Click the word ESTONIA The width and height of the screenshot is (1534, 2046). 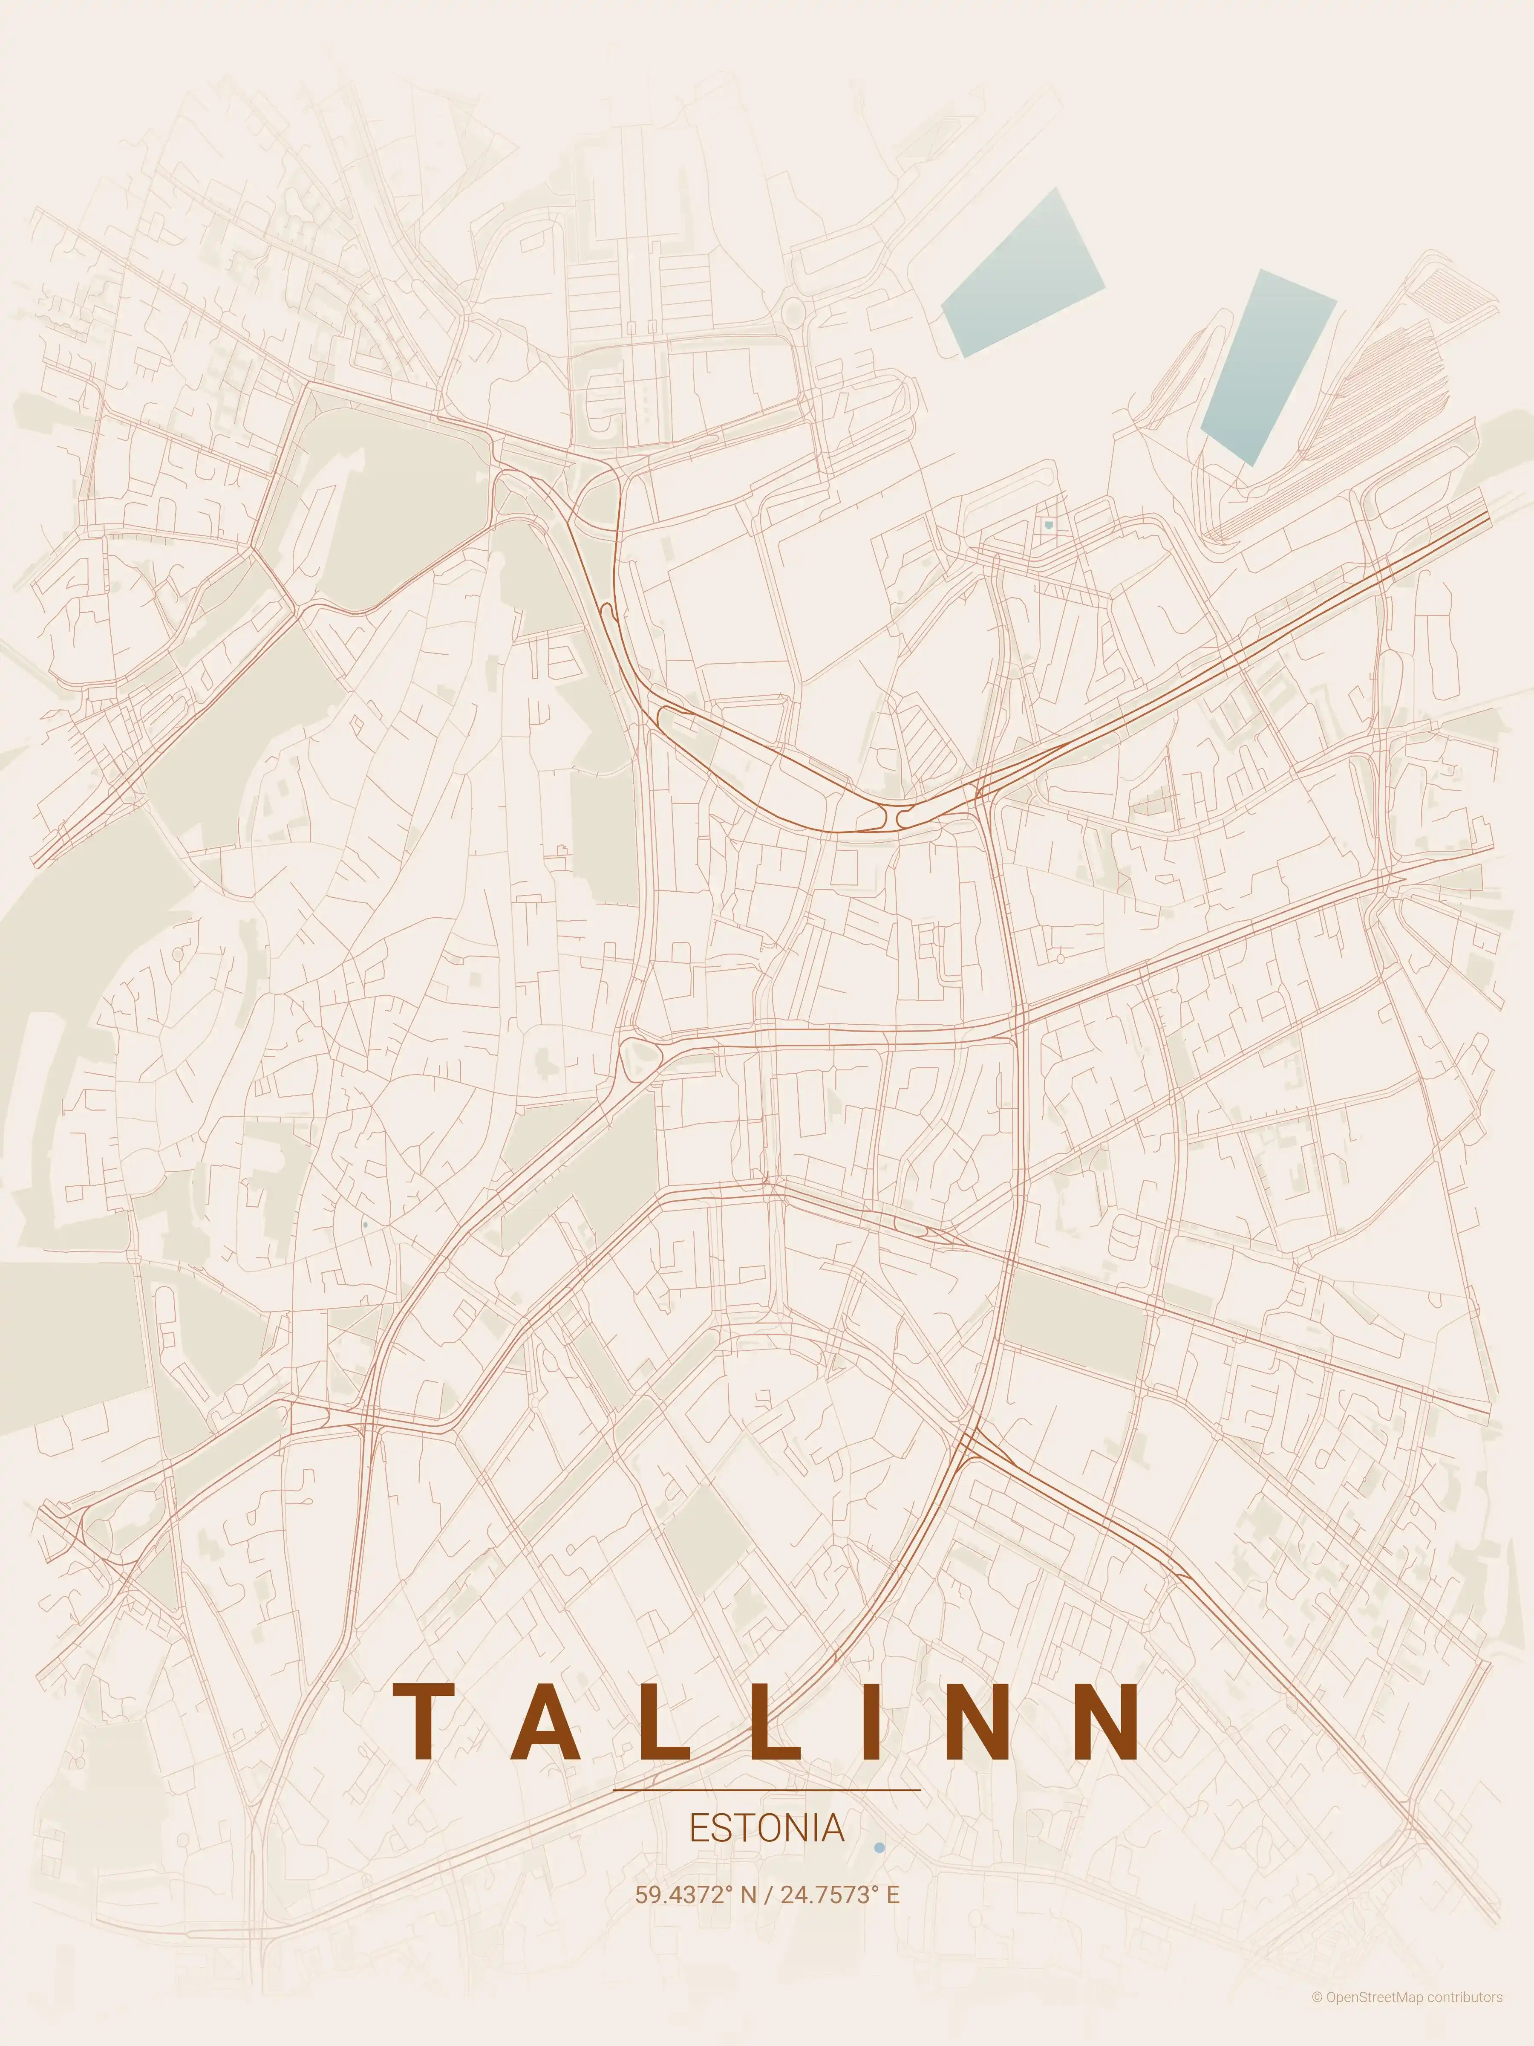point(767,1828)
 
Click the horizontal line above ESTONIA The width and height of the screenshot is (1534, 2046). point(767,1790)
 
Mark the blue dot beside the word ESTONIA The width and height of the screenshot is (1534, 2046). point(879,1847)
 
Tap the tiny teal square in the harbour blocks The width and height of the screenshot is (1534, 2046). point(1048,524)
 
